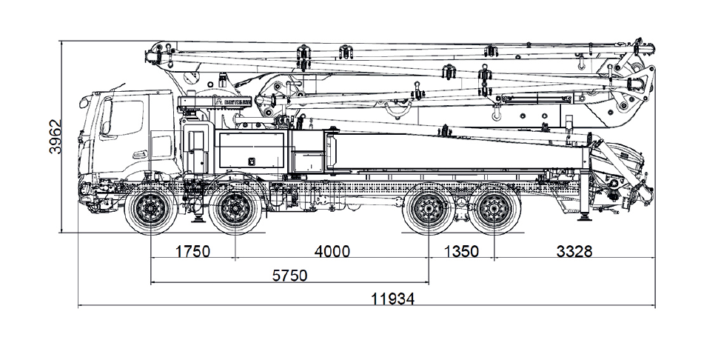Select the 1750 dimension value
pyautogui.click(x=192, y=251)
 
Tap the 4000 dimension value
pyautogui.click(x=332, y=251)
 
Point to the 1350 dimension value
pyautogui.click(x=461, y=251)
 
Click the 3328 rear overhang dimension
pyautogui.click(x=574, y=251)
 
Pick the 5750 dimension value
pyautogui.click(x=289, y=275)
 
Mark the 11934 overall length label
pyautogui.click(x=393, y=299)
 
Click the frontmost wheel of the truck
pyautogui.click(x=151, y=210)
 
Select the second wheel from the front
pyautogui.click(x=235, y=210)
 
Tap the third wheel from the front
pyautogui.click(x=429, y=210)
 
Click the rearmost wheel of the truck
pyautogui.click(x=494, y=210)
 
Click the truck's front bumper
pyautogui.click(x=87, y=194)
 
